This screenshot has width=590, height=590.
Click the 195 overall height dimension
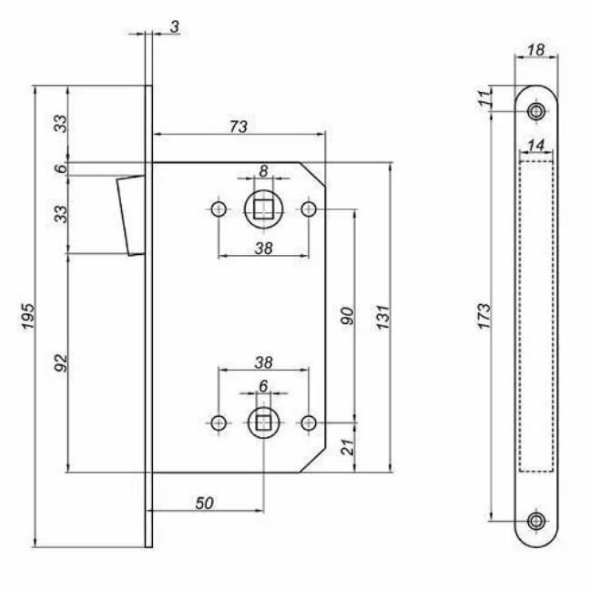click(29, 316)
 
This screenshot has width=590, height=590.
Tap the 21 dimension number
click(347, 446)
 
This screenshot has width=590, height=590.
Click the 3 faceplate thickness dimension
click(173, 28)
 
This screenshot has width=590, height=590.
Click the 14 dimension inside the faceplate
click(535, 146)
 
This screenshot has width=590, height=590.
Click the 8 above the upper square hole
click(263, 170)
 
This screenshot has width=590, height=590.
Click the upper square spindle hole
click(263, 210)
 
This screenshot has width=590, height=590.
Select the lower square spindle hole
click(263, 422)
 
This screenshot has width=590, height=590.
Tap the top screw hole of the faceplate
click(536, 111)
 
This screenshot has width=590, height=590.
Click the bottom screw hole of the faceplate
click(536, 522)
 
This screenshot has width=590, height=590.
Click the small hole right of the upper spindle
click(310, 210)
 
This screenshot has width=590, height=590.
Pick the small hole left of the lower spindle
click(219, 422)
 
